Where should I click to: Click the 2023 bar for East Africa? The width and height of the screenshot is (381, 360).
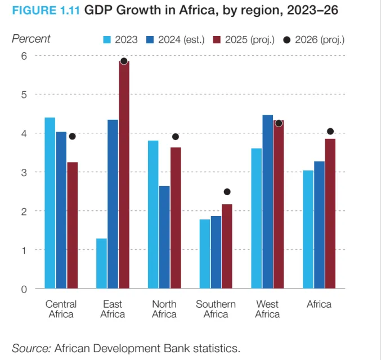[x=101, y=263]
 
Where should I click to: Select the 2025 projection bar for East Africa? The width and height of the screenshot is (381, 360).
[x=124, y=174]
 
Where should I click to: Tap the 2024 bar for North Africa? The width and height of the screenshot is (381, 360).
[x=164, y=237]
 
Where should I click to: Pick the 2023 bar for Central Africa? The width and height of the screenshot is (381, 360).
[x=50, y=202]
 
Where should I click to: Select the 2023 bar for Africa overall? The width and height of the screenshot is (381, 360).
[x=308, y=229]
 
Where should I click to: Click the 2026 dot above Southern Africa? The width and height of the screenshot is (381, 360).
[x=227, y=192]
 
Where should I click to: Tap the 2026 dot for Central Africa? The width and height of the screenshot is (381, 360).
[x=72, y=136]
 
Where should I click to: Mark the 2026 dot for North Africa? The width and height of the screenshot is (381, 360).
[x=176, y=137]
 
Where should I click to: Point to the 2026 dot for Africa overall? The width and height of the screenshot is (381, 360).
[x=330, y=132]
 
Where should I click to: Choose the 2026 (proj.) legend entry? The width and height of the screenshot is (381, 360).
[x=315, y=39]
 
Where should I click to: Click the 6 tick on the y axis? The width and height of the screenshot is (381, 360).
[x=24, y=56]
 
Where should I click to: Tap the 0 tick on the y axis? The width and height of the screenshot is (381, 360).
[x=24, y=289]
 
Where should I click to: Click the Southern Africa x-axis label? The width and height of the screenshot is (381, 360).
[x=216, y=309]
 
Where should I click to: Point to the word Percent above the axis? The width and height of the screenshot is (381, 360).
[x=31, y=39]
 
